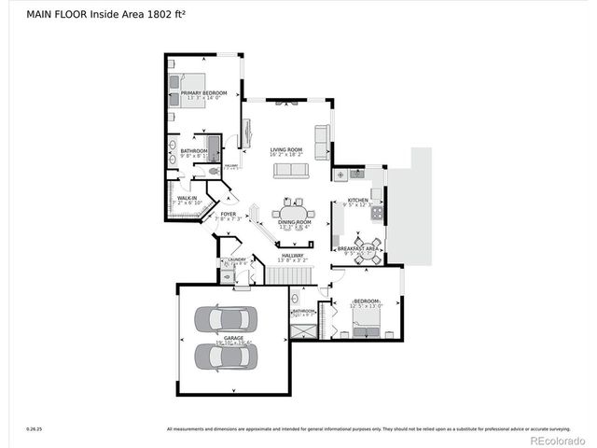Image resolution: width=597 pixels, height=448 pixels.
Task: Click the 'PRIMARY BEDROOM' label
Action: (x=203, y=93)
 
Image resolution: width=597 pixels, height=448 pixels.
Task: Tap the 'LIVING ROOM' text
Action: (x=286, y=149)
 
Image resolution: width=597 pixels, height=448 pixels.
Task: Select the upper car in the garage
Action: (x=223, y=320)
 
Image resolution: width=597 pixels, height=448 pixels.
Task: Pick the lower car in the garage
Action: (x=223, y=356)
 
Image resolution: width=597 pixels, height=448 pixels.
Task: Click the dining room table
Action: (x=292, y=212)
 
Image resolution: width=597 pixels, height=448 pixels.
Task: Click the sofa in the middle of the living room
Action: (x=290, y=170)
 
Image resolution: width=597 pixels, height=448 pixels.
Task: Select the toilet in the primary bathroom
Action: (x=213, y=172)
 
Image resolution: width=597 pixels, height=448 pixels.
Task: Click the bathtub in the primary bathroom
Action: (x=214, y=149)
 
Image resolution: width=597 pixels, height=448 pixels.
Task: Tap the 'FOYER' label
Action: (x=229, y=214)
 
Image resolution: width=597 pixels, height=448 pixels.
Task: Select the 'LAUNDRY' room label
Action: (x=237, y=260)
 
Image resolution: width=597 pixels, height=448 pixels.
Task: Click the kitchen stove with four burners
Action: (x=376, y=214)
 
